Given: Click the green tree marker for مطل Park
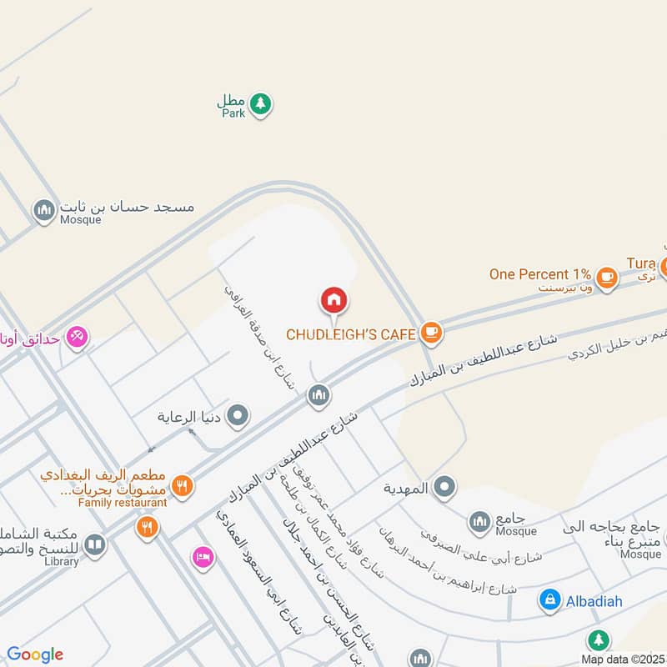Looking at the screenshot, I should (x=261, y=103).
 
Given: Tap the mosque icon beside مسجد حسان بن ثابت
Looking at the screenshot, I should (x=43, y=211).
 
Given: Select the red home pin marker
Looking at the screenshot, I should (x=333, y=299).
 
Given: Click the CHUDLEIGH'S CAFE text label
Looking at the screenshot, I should (x=351, y=334).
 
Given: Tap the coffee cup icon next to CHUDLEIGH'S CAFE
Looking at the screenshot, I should (x=430, y=333).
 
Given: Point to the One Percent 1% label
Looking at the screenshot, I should (x=540, y=273).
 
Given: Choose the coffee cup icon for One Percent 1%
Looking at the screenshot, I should (x=606, y=276).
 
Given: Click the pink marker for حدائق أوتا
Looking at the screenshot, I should (x=78, y=336).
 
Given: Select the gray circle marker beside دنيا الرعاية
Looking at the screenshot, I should (x=238, y=414).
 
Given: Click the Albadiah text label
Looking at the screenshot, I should (x=594, y=600).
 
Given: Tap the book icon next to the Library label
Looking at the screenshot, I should (x=94, y=545).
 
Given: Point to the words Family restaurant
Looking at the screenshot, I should (x=123, y=503).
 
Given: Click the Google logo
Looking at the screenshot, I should (x=35, y=654).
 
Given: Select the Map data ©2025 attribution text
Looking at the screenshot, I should (x=623, y=659).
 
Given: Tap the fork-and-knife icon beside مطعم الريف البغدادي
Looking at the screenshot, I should (x=182, y=484).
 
